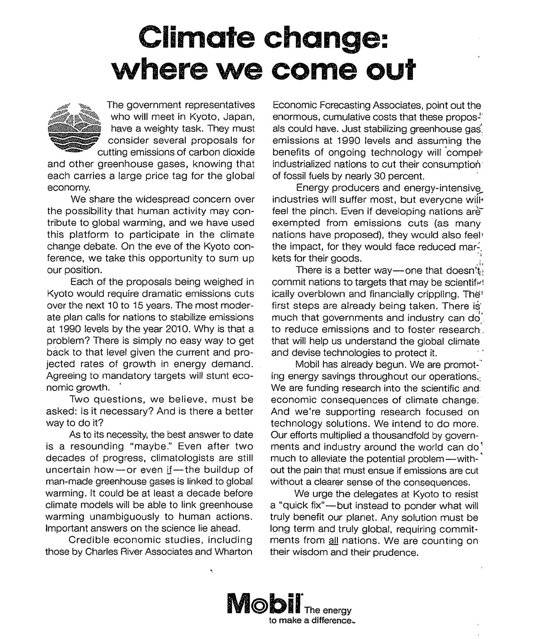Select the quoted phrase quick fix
[x=303, y=505]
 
